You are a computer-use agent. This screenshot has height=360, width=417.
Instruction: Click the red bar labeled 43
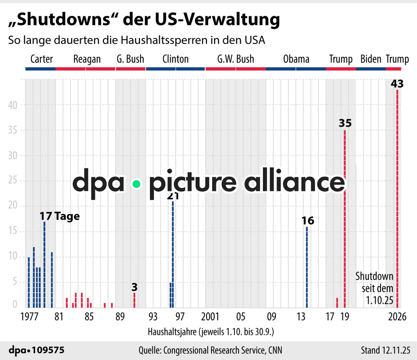pyautogui.click(x=397, y=199)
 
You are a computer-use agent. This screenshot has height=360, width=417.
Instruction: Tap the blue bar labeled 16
pyautogui.click(x=307, y=267)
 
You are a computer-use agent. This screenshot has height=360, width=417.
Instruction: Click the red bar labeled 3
pyautogui.click(x=134, y=300)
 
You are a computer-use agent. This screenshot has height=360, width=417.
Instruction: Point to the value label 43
pyautogui.click(x=397, y=84)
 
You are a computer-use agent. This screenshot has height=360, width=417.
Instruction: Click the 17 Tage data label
pyautogui.click(x=60, y=216)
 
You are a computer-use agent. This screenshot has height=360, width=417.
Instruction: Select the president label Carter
pyautogui.click(x=41, y=59)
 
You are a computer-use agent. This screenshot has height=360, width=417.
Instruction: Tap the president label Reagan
pyautogui.click(x=87, y=59)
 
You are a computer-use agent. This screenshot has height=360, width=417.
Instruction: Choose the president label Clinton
pyautogui.click(x=176, y=59)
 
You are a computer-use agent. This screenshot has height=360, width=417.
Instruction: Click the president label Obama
pyautogui.click(x=296, y=59)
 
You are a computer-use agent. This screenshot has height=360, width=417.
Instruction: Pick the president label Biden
pyautogui.click(x=371, y=59)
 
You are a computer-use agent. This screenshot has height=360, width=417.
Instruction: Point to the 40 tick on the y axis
pyautogui.click(x=13, y=105)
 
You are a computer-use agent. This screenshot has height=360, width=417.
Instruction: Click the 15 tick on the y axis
pyautogui.click(x=13, y=231)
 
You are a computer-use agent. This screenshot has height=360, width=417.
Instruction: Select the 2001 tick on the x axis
pyautogui.click(x=210, y=316)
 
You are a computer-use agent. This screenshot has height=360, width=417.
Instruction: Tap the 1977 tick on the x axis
pyautogui.click(x=29, y=316)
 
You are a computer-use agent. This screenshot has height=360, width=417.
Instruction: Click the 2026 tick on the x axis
pyautogui.click(x=397, y=316)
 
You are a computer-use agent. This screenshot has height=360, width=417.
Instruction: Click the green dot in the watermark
pyautogui.click(x=137, y=184)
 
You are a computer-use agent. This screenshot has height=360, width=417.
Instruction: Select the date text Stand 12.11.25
pyautogui.click(x=385, y=350)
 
